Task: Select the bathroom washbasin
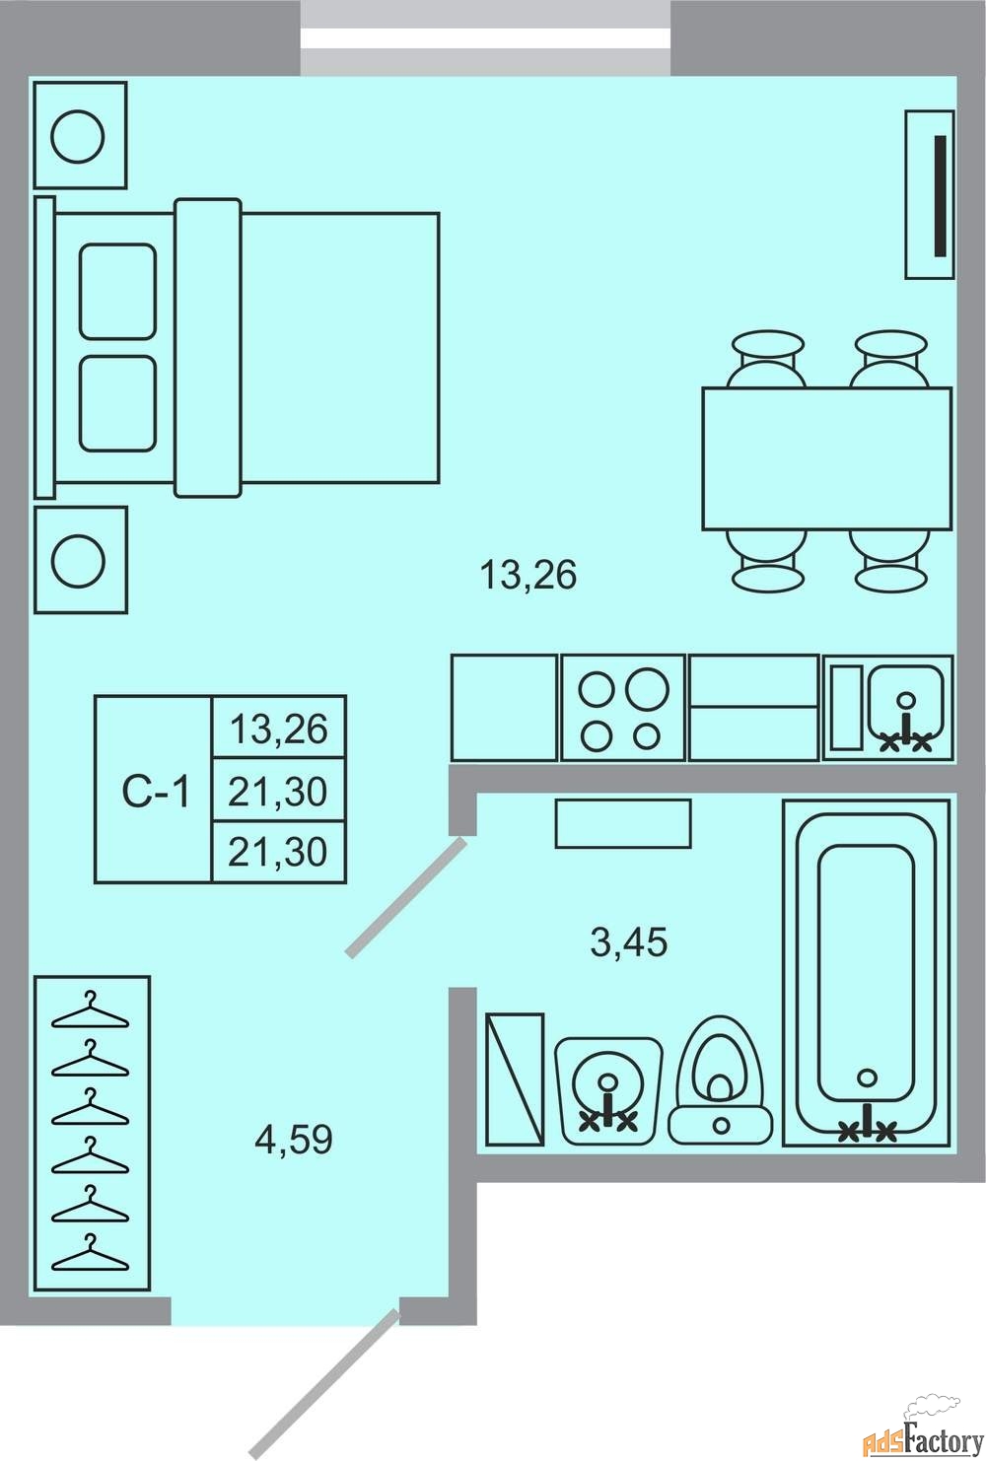pyautogui.click(x=608, y=1090)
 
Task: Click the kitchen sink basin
pyautogui.click(x=906, y=708)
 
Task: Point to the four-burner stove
pyautogui.click(x=622, y=708)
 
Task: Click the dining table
pyautogui.click(x=827, y=458)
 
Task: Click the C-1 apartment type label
pyautogui.click(x=156, y=792)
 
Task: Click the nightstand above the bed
pyautogui.click(x=80, y=135)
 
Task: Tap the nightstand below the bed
pyautogui.click(x=80, y=560)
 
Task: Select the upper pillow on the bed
pyautogui.click(x=117, y=292)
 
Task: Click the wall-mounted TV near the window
pyautogui.click(x=930, y=195)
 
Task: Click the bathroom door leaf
pyautogui.click(x=406, y=897)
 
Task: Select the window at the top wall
pyautogui.click(x=485, y=37)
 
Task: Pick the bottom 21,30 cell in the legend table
pyautogui.click(x=279, y=852)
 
